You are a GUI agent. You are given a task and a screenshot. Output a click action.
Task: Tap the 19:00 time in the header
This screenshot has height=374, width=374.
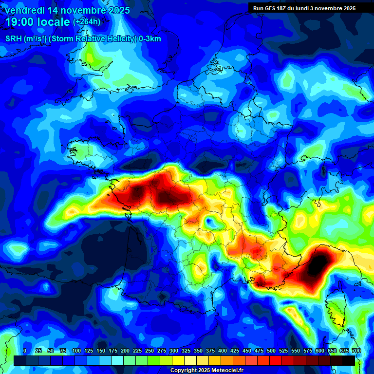[19, 21]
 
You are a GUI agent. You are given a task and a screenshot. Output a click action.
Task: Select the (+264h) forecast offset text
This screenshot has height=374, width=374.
[87, 22]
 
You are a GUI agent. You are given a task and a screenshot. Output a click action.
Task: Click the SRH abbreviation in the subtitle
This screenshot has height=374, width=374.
[14, 39]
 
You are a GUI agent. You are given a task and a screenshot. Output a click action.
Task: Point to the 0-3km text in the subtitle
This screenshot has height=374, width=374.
[150, 39]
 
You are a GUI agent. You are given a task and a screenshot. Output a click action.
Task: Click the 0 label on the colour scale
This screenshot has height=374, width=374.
[25, 351]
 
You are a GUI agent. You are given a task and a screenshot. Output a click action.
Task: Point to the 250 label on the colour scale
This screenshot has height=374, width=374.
[150, 351]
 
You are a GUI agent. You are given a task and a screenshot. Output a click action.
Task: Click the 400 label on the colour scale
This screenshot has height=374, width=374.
[223, 351]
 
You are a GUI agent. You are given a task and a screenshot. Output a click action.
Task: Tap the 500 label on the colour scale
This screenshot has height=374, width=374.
[271, 351]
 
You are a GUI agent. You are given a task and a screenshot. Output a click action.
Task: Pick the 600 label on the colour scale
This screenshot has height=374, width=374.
[320, 351]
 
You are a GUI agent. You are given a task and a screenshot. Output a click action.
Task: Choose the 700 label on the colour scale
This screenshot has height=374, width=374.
[356, 351]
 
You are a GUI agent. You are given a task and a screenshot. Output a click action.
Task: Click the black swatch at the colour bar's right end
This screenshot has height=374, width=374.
[349, 361]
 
